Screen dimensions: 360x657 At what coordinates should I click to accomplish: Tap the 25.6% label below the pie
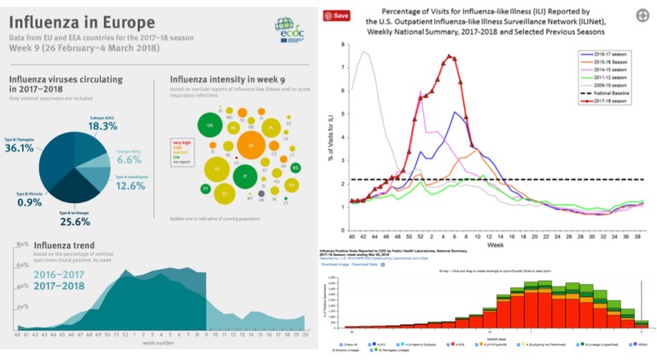coord(75,222)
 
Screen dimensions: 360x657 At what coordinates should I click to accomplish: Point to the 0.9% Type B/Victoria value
coord(29,202)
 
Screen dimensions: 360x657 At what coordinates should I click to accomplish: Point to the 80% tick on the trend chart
coord(23,244)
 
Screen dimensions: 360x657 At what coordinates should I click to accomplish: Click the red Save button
coord(339,15)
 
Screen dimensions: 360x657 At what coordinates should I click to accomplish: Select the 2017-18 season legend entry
coord(609,101)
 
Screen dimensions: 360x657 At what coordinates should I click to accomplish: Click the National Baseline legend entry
coord(609,93)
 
